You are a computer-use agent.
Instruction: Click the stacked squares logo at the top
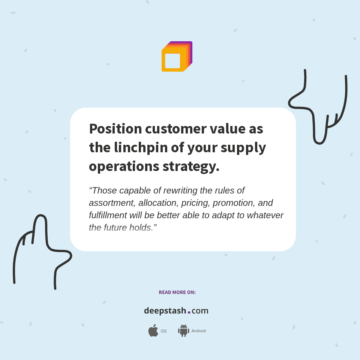177,56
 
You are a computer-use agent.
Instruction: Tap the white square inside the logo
172,61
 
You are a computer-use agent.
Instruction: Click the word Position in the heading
115,129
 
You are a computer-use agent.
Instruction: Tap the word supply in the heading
243,148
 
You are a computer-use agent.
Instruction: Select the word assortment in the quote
112,203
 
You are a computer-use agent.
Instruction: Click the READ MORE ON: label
177,292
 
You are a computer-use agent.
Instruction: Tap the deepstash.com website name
176,311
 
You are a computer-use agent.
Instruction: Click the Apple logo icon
153,331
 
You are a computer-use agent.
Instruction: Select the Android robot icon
183,331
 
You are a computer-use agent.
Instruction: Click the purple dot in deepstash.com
189,312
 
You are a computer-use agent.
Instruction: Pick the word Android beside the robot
199,331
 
